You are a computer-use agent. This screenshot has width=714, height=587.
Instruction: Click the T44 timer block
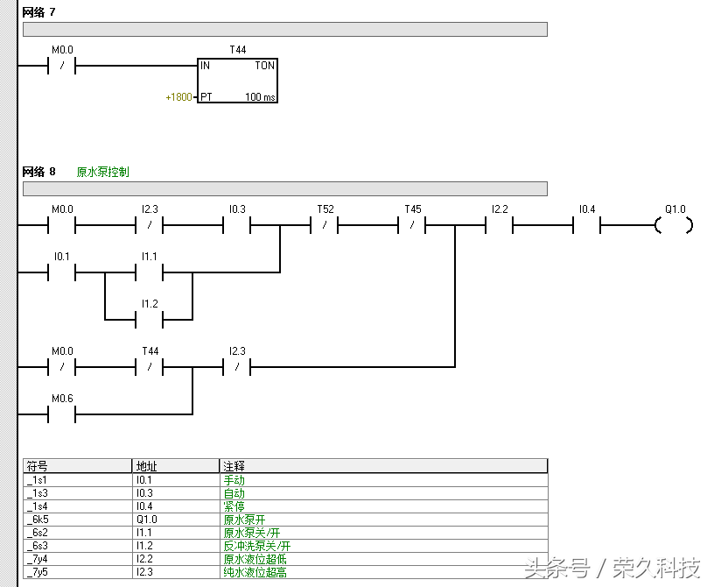coord(238,81)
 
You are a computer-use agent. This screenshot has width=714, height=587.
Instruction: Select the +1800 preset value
coord(178,97)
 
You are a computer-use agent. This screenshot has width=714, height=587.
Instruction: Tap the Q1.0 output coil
coord(674,226)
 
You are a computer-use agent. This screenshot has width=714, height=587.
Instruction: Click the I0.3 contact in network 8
coord(237,226)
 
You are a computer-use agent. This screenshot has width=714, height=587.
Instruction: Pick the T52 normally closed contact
coord(325,226)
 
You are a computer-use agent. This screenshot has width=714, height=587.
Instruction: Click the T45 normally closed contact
coord(412,226)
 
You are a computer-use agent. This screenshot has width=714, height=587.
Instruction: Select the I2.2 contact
coord(499,226)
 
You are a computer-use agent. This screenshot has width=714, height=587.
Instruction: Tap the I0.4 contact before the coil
coord(586,226)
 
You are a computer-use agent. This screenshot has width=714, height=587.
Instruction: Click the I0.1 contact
coord(62,273)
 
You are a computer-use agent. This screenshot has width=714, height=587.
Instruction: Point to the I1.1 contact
coord(150,273)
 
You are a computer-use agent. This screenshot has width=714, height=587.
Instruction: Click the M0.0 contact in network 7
coord(62,66)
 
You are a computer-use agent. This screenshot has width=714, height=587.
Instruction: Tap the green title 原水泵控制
coord(102,172)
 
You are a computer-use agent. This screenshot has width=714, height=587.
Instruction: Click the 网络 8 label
coord(38,172)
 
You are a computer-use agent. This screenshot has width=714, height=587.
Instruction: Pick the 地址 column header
coord(146,466)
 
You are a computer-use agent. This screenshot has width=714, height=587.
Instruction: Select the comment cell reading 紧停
coord(234,506)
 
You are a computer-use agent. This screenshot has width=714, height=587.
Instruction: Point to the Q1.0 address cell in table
coord(146,520)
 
